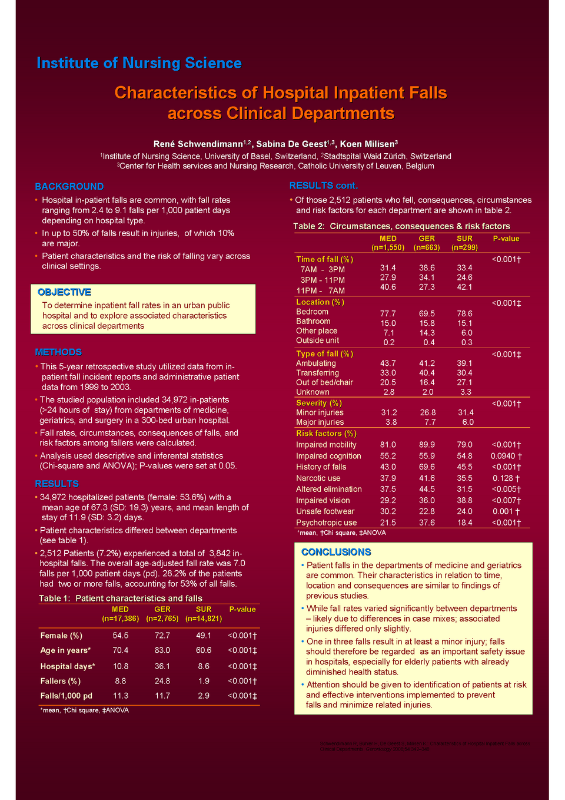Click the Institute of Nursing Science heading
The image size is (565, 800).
[x=139, y=63]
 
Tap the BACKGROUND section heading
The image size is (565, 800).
[x=69, y=186]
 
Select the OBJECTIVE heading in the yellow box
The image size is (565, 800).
[x=64, y=292]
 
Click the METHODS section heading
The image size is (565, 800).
[x=58, y=352]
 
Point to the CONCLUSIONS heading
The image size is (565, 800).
[x=336, y=552]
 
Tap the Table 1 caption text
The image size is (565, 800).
[x=121, y=598]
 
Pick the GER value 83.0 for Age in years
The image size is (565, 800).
[x=162, y=650]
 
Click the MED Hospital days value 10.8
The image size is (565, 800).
[x=121, y=666]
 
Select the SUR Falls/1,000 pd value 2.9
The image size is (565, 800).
[x=204, y=696]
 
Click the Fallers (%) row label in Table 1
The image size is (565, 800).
[x=61, y=681]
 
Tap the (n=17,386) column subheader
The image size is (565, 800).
[x=121, y=619]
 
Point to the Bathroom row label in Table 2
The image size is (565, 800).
[x=313, y=321]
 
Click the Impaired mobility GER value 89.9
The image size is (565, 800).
[x=427, y=445]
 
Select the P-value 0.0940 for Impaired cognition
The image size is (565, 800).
[x=506, y=456]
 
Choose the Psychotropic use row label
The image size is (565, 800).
[x=326, y=523]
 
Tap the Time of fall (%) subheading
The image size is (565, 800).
[x=324, y=259]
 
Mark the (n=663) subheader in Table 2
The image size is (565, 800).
[x=427, y=247]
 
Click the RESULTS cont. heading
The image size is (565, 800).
[x=323, y=186]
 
